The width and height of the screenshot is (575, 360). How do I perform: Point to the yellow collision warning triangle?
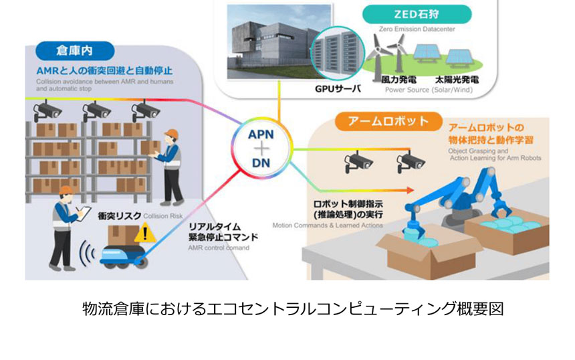[x=142, y=234]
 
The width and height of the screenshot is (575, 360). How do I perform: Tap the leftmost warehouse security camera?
[x=47, y=109]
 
